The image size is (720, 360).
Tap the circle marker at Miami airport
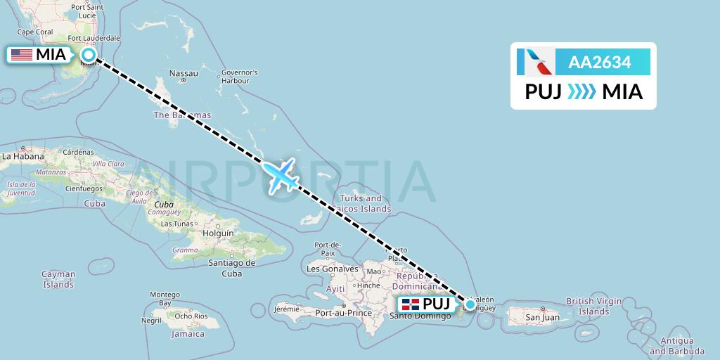89,54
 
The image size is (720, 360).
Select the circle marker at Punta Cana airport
470,304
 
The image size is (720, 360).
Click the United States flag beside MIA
21,54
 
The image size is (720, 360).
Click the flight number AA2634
599,62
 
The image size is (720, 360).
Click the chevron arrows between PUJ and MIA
581,92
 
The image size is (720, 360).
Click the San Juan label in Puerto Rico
543,317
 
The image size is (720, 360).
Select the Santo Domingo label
419,315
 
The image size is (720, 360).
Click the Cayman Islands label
58,279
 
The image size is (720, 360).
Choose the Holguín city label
217,232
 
